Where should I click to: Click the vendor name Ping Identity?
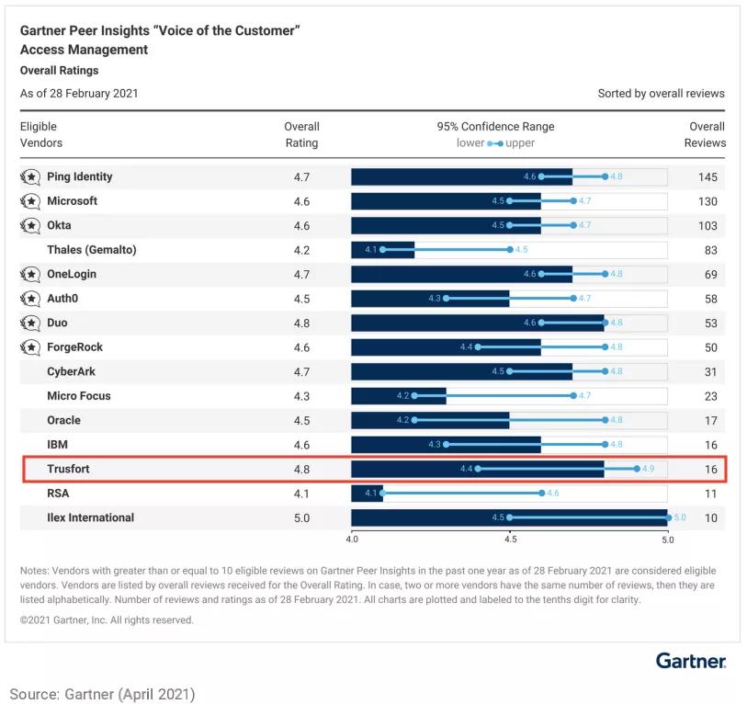point(80,176)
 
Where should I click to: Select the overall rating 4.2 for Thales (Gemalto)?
point(301,250)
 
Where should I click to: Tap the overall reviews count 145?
point(707,176)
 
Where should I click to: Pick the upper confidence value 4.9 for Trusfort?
point(649,469)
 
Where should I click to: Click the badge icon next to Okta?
point(30,225)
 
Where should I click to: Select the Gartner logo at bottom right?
point(691,661)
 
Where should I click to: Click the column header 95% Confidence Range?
point(495,127)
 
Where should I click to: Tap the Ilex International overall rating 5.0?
point(301,517)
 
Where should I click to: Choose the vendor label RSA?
point(58,493)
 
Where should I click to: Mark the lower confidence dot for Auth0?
point(446,299)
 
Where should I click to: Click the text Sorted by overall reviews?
point(661,94)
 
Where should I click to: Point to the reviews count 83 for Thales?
point(707,250)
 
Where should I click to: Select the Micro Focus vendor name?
point(79,395)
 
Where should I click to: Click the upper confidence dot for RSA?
point(541,494)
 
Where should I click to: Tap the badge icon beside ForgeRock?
point(30,347)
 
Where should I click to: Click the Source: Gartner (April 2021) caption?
point(103,692)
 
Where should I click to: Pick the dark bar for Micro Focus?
point(398,396)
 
